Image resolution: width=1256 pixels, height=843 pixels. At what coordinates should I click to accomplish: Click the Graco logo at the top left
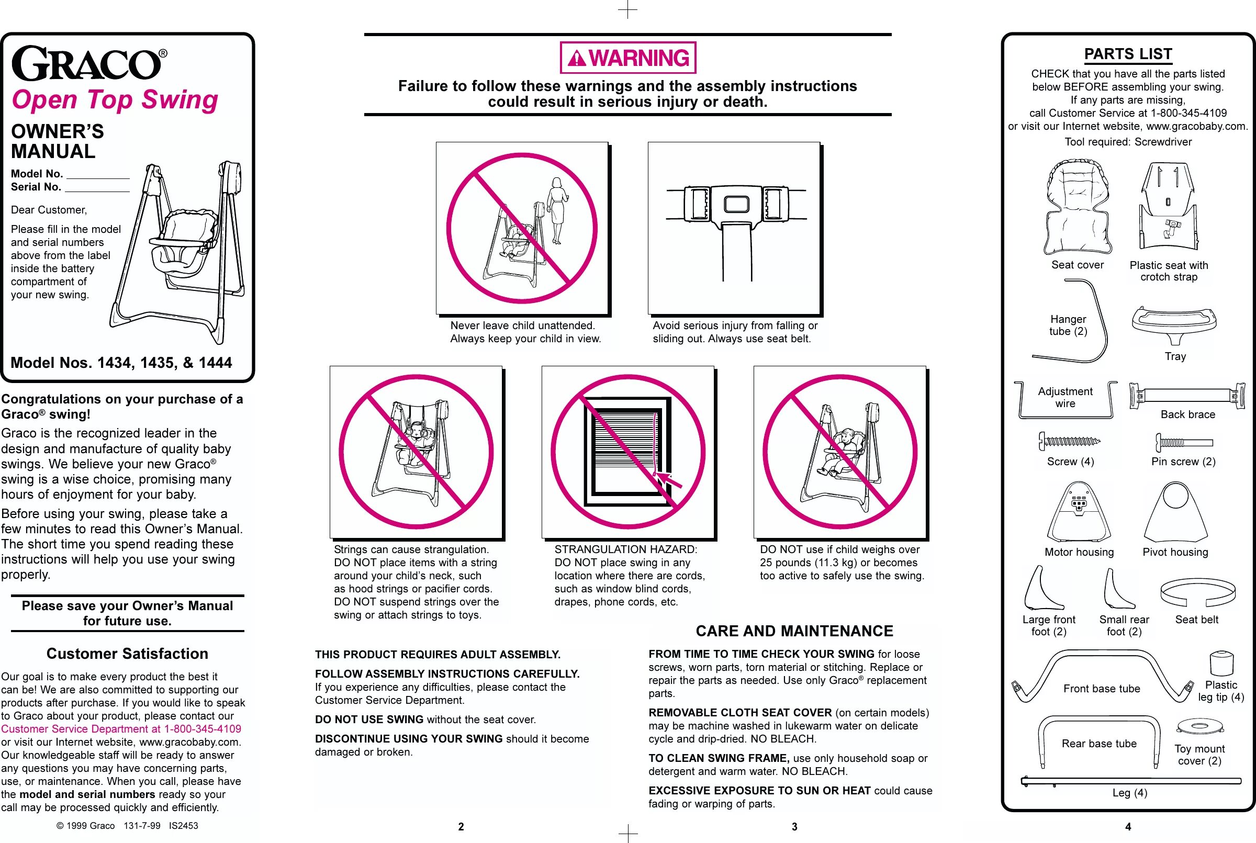pos(86,63)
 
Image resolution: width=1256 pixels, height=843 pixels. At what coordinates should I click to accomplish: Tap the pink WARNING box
pos(627,58)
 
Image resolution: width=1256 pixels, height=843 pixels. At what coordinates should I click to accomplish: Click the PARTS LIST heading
pos(1127,54)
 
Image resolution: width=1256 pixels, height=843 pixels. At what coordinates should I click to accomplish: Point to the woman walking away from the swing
pos(557,210)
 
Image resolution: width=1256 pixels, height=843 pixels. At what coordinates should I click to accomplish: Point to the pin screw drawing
pos(1183,443)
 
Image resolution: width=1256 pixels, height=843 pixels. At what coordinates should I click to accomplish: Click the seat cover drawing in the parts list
pos(1077,207)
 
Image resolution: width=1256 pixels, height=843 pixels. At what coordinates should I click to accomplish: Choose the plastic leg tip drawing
pos(1221,663)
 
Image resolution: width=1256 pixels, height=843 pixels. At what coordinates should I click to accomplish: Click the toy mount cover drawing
pos(1199,727)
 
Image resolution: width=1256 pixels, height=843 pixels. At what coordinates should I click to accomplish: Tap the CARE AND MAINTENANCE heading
pos(794,631)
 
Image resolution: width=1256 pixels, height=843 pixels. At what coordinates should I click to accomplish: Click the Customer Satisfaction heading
pos(127,654)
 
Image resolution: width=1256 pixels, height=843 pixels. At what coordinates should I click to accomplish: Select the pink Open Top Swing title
pos(115,100)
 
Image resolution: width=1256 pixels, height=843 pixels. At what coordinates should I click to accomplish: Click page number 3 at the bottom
pos(794,827)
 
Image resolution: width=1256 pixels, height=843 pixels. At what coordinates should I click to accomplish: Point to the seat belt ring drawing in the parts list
pos(1197,592)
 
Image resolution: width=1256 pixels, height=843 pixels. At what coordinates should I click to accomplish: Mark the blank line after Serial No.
pos(97,189)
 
